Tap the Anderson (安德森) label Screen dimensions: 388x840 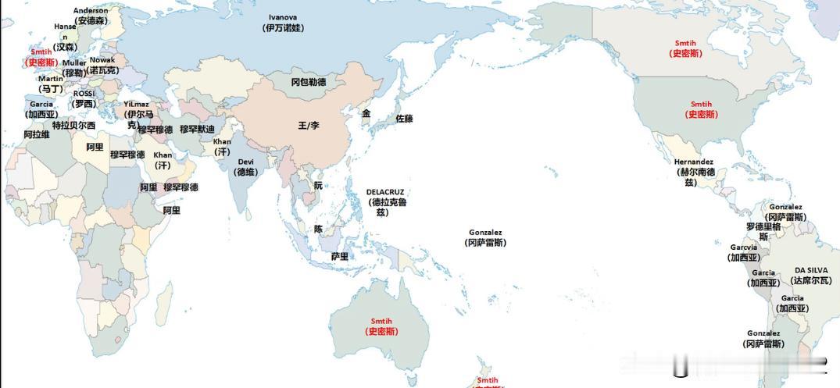[91, 16]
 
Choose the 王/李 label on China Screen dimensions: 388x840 [309, 126]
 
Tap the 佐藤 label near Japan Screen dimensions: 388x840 [404, 119]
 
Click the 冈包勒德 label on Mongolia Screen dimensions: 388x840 [308, 82]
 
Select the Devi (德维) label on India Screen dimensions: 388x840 [247, 167]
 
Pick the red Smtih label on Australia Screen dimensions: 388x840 [383, 326]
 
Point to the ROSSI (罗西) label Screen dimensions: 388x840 [84, 98]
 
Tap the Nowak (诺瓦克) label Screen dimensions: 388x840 [102, 65]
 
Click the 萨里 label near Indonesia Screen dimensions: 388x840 [339, 256]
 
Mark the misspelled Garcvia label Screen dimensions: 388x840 [744, 252]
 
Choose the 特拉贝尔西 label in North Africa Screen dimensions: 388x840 [73, 125]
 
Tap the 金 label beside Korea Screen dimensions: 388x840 [366, 113]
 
